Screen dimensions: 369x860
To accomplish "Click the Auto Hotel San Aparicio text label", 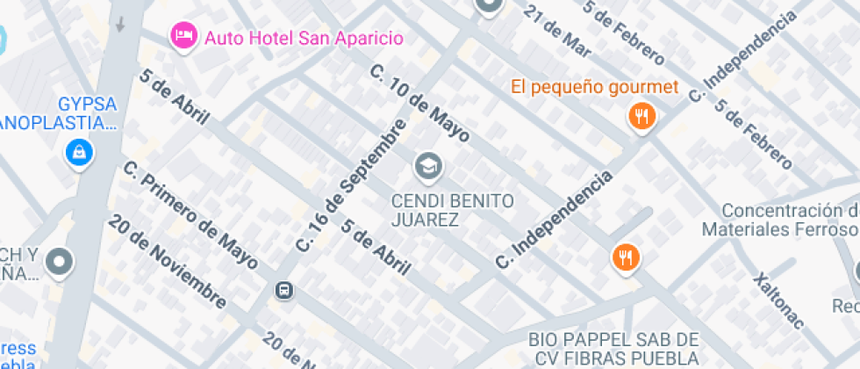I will tap(303, 38).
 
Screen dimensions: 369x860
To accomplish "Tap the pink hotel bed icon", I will tap(183, 36).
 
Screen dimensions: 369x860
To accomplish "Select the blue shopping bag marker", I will tap(80, 153).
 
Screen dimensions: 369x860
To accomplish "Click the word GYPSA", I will tap(88, 104).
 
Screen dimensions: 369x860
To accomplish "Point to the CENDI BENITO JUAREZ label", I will tap(452, 210).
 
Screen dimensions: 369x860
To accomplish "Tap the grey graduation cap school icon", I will tap(428, 164).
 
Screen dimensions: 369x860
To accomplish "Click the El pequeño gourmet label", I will tap(595, 87).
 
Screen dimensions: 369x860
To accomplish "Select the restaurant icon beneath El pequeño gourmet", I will tap(642, 116).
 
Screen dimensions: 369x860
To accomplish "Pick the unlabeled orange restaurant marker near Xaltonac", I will tap(626, 257).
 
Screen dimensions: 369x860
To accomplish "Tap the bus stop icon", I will tap(283, 290).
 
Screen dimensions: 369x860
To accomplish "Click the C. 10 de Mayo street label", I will tap(419, 103).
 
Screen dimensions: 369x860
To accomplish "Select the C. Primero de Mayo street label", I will tap(190, 214).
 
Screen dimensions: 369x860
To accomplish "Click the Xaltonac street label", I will tap(778, 300).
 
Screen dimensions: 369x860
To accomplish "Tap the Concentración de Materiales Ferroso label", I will tap(780, 220).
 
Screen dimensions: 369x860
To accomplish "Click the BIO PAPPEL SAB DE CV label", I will tap(613, 348).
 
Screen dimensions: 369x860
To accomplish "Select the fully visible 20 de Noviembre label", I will tap(166, 262).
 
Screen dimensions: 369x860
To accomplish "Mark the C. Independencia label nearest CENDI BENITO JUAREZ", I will tap(554, 221).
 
